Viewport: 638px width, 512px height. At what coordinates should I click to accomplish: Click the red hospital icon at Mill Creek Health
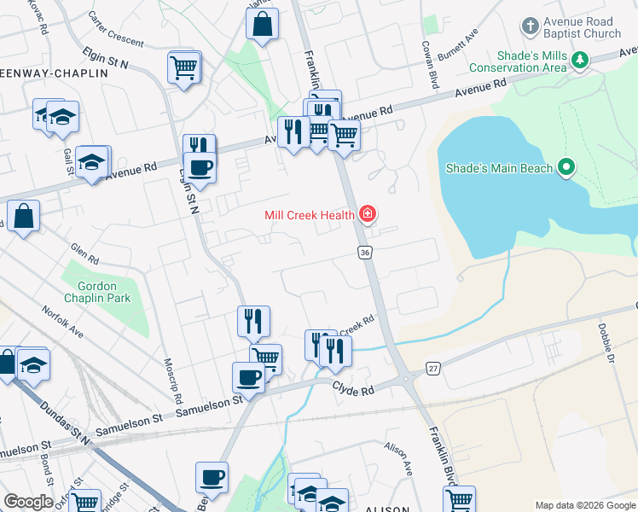(368, 214)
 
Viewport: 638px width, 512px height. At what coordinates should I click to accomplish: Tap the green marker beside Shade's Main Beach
(565, 168)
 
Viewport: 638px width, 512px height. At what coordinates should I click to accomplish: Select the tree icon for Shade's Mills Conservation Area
(581, 60)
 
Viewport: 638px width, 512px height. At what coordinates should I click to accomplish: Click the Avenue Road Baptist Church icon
(531, 25)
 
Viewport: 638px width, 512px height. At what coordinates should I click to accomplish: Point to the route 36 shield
(364, 253)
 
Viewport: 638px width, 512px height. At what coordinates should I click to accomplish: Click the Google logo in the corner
(28, 501)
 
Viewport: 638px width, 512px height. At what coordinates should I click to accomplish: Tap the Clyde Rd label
(353, 390)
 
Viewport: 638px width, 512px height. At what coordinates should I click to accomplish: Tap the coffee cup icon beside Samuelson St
(248, 376)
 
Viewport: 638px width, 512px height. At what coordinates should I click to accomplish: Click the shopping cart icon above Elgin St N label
(184, 67)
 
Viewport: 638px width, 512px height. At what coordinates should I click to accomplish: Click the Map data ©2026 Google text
(584, 504)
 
